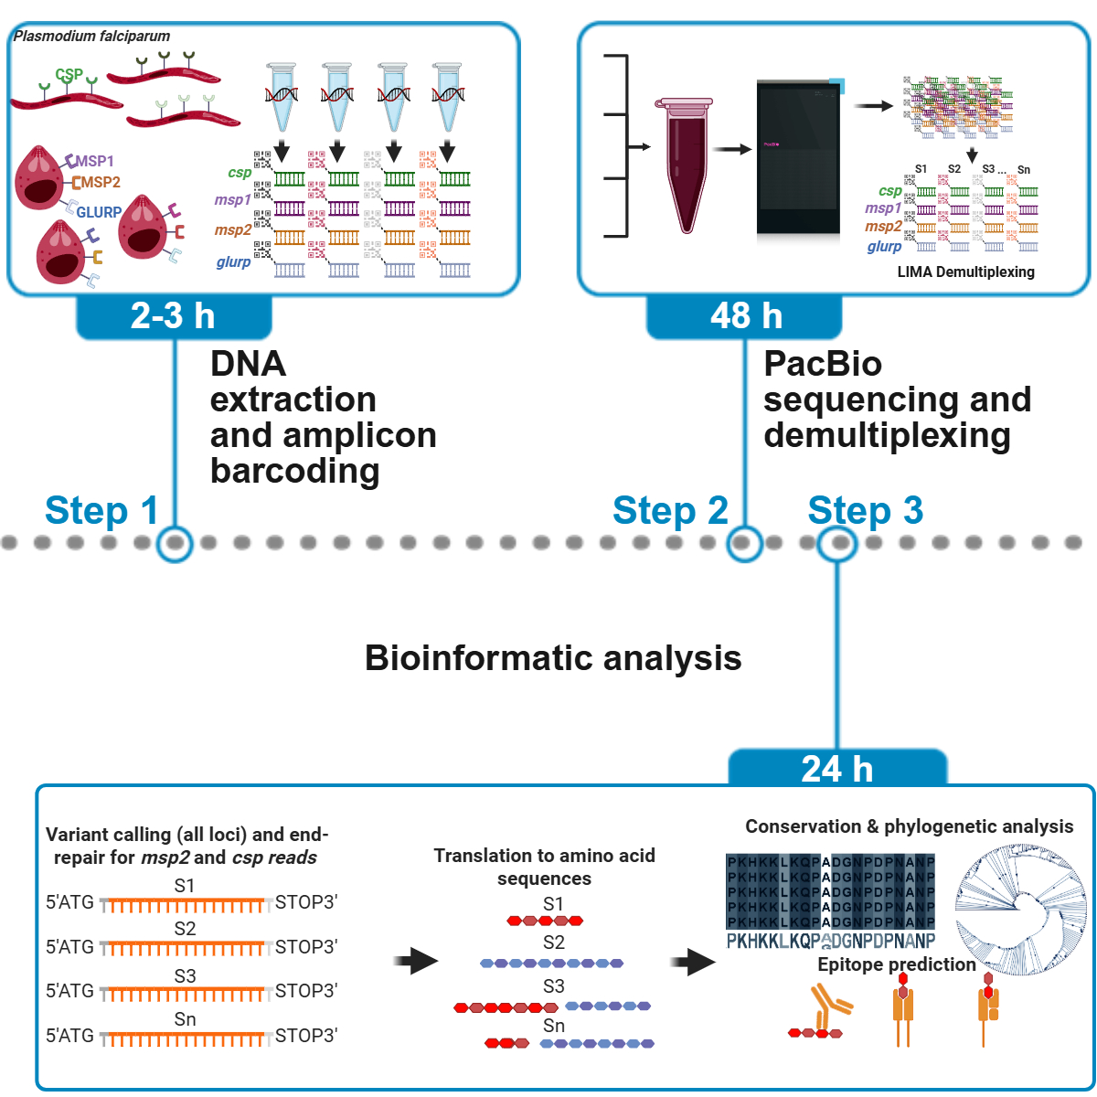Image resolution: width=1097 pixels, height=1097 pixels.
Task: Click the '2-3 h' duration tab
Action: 173,316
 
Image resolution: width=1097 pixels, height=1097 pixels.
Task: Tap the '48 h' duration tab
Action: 745,316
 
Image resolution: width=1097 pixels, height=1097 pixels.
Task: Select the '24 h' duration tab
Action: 836,769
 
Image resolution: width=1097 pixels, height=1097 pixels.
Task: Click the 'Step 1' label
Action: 101,510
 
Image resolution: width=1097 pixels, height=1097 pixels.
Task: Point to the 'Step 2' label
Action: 670,510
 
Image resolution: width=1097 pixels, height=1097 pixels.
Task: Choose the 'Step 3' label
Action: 865,510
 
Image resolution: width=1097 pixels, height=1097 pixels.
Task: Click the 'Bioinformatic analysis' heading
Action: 553,658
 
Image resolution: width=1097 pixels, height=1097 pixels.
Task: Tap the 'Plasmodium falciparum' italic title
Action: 91,37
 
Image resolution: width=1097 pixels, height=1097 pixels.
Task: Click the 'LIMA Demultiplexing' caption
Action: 965,272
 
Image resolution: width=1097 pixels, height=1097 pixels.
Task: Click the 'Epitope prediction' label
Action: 896,964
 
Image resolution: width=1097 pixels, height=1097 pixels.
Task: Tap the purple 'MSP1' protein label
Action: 95,161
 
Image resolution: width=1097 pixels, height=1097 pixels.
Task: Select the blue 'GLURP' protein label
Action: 99,212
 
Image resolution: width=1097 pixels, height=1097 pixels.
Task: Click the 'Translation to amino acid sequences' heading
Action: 544,867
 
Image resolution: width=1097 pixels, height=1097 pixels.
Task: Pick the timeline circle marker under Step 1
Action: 175,543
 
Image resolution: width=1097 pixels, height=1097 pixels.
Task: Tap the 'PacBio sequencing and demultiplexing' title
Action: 896,399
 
